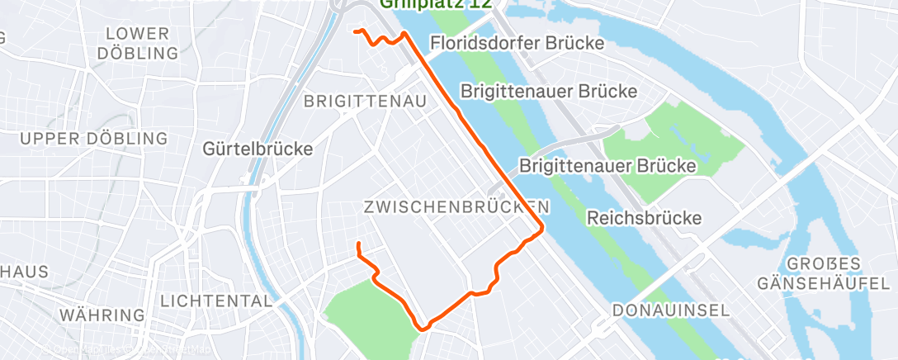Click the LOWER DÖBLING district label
point(138,44)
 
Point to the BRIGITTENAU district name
point(365,102)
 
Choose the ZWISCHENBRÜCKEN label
point(456,206)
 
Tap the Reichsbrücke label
point(644,219)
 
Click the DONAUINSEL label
point(671,310)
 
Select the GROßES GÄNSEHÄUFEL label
point(813,274)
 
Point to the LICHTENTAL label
point(217,301)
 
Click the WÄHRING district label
point(103,315)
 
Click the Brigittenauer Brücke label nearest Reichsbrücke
point(607,165)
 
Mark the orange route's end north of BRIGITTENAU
point(356,31)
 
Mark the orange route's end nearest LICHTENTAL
point(358,244)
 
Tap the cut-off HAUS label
point(24,272)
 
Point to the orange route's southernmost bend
point(424,327)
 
